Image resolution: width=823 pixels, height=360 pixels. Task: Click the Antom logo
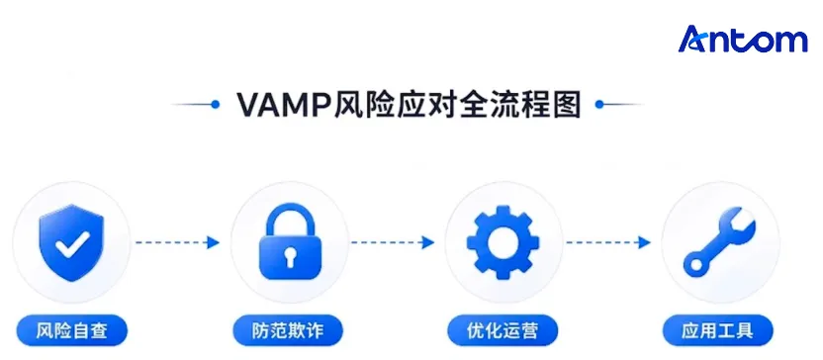(743, 40)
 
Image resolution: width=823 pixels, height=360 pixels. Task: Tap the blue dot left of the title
(215, 105)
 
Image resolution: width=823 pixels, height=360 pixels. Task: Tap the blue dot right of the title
(599, 105)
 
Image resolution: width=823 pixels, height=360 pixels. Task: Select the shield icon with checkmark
(71, 242)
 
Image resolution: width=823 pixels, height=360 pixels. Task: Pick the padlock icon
(290, 242)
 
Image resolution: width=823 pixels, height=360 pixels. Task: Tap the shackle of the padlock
(290, 221)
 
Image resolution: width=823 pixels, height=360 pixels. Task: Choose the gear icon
(503, 242)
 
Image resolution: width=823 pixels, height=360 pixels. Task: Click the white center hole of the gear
(503, 242)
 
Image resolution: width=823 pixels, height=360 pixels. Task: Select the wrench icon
(719, 242)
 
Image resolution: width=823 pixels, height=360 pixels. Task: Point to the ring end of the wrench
(697, 264)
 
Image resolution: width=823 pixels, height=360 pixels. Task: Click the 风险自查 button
(72, 330)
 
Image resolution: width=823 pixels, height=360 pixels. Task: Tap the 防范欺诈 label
(288, 330)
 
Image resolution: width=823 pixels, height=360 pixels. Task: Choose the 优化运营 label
(503, 330)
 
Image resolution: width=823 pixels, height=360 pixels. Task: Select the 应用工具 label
(717, 330)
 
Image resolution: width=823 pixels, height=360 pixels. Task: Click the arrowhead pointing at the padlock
(213, 242)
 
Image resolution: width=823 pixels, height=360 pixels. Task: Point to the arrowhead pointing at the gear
(428, 242)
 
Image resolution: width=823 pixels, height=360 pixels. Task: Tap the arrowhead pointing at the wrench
(644, 242)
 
